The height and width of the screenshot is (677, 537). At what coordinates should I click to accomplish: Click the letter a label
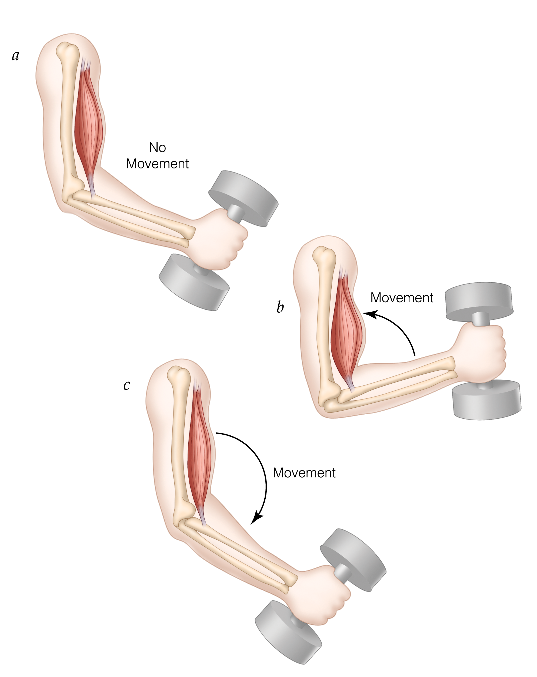pos(15,56)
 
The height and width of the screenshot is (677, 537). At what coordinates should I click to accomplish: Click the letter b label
pos(280,307)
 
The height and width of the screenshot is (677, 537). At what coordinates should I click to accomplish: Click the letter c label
pos(127,385)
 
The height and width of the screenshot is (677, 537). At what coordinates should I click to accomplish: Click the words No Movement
pos(157,156)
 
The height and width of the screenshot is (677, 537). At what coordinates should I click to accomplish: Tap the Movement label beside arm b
pos(402,298)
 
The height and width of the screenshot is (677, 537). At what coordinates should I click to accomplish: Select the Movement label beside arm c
pos(304,473)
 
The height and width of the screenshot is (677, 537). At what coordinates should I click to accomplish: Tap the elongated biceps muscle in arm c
pos(199,455)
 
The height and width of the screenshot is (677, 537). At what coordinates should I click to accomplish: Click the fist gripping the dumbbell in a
pos(220,242)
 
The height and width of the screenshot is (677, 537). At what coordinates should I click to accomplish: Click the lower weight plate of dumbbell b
pos(486,400)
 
